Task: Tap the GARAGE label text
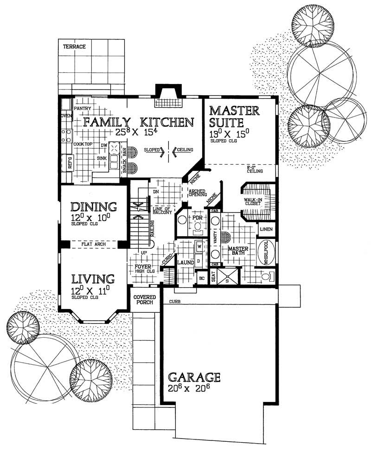click(x=194, y=376)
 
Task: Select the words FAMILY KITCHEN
click(x=138, y=122)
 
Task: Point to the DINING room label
click(x=94, y=206)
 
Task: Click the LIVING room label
click(x=93, y=279)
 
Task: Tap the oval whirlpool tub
click(x=266, y=252)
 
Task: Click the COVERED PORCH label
click(x=144, y=299)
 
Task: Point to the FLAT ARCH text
click(x=93, y=243)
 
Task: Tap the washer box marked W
click(x=199, y=246)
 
